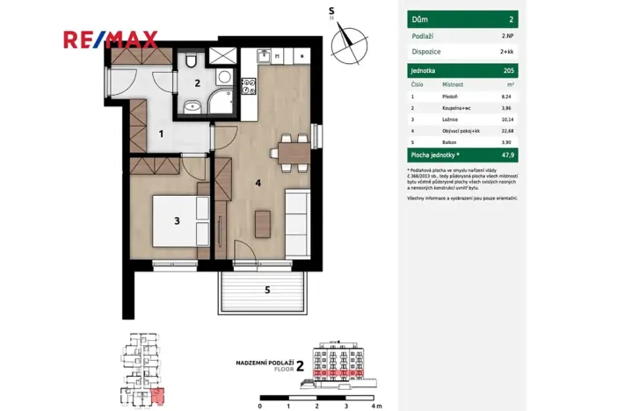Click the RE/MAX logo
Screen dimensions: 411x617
click(110, 39)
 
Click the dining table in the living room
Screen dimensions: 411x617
click(289, 152)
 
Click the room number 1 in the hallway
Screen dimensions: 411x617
click(160, 134)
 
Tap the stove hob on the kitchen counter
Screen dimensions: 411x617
click(249, 86)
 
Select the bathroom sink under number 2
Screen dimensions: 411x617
click(192, 109)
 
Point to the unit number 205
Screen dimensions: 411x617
click(508, 70)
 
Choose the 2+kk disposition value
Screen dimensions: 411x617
click(507, 51)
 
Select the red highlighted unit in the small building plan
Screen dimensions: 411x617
click(156, 397)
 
